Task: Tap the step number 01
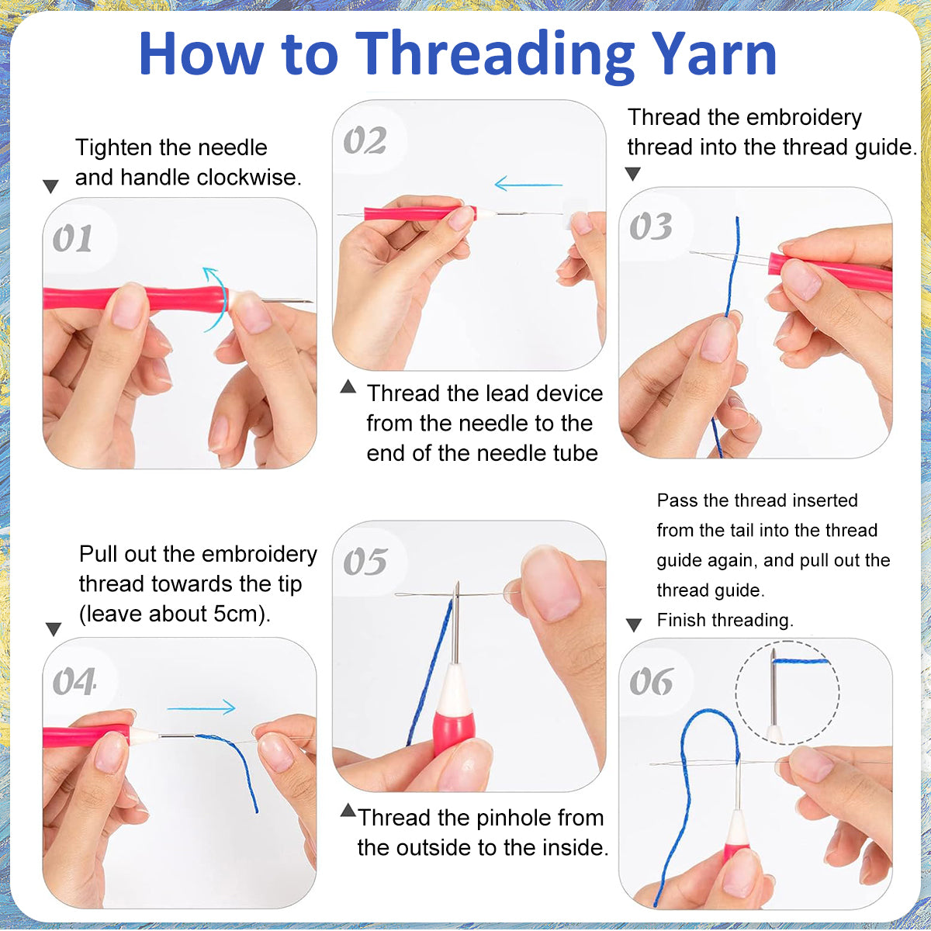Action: click(72, 238)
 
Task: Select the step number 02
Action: click(365, 140)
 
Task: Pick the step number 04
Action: click(74, 682)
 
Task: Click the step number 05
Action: click(365, 562)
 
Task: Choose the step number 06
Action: click(651, 682)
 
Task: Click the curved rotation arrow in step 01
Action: click(223, 299)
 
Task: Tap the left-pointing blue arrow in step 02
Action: click(528, 184)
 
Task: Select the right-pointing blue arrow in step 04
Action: click(202, 708)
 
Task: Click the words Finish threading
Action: click(725, 621)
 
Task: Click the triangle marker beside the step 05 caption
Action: click(348, 810)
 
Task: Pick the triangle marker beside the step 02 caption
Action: click(348, 386)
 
